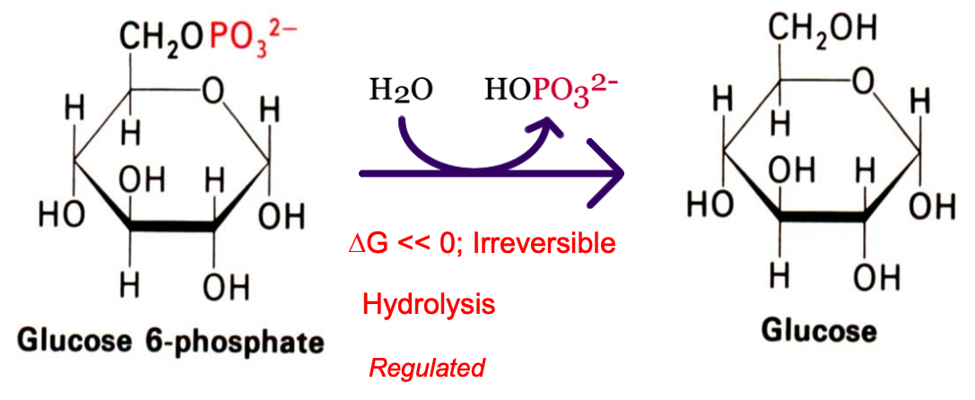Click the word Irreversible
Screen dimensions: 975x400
[x=552, y=243]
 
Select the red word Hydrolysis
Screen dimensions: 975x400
[x=429, y=304]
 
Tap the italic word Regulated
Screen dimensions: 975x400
[x=427, y=367]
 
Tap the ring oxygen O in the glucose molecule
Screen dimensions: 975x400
[x=862, y=83]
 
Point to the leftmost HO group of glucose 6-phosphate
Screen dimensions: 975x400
[x=61, y=215]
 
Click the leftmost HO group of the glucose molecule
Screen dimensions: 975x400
[x=708, y=204]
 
